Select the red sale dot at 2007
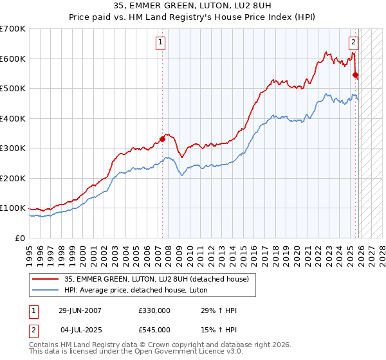tap(162, 139)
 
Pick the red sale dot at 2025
tap(355, 75)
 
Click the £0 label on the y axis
tap(19, 239)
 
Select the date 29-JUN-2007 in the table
tap(80, 310)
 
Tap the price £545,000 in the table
tap(154, 330)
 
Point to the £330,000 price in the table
tap(154, 310)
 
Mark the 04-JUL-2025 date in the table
tap(80, 330)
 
